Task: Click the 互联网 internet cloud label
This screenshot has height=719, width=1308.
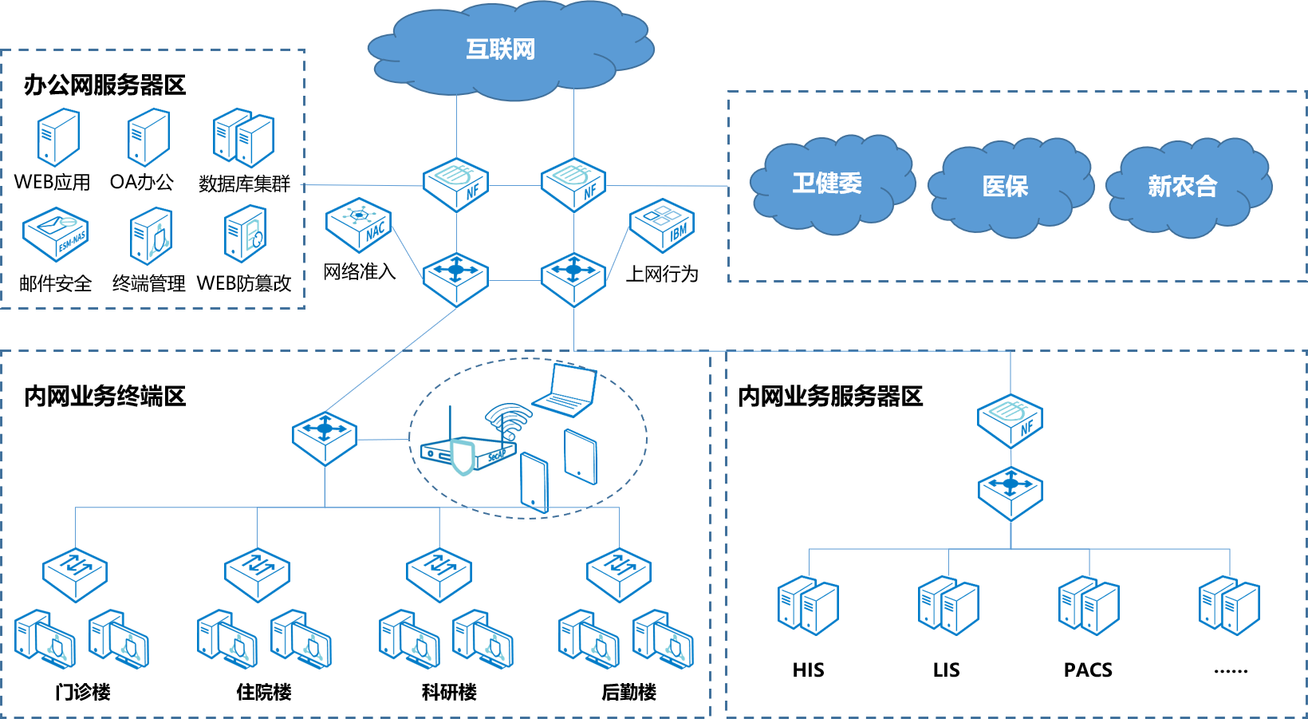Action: pos(501,49)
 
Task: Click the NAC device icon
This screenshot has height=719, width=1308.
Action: pos(359,225)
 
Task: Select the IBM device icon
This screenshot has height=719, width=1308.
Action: pos(662,225)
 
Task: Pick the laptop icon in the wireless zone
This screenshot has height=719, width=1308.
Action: pos(565,390)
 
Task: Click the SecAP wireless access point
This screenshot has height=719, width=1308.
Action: pos(468,441)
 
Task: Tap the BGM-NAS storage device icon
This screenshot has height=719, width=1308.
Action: pos(56,234)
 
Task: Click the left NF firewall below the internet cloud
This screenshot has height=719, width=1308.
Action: pos(456,184)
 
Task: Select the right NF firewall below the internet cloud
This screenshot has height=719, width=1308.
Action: pos(573,184)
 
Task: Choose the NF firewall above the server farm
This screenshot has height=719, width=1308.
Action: pos(1011,420)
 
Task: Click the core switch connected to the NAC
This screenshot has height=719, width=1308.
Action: pos(455,279)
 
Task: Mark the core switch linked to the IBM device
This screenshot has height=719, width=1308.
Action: pos(573,279)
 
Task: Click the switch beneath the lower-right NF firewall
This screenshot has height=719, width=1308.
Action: pos(1011,493)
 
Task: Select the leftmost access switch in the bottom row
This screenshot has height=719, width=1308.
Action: pos(75,574)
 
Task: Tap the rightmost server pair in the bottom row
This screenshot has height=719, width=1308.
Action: pos(1229,606)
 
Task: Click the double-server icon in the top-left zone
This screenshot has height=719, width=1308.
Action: pos(243,138)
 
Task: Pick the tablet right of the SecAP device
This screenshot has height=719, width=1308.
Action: pos(580,456)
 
